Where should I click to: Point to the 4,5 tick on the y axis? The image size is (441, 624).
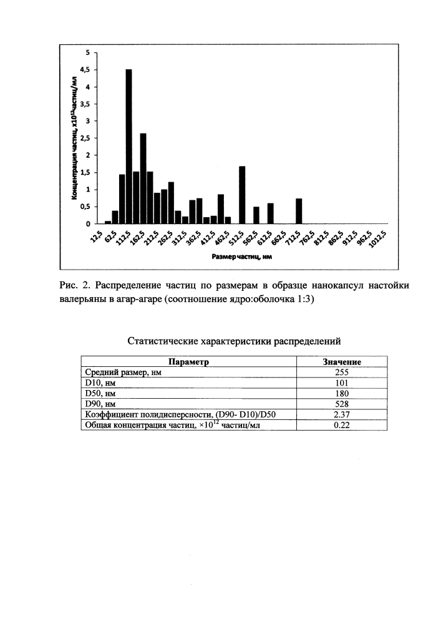coord(90,70)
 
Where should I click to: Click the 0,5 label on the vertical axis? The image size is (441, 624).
coord(90,207)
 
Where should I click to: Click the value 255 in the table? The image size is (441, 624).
coord(341,373)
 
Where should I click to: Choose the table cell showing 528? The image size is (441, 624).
coord(341,404)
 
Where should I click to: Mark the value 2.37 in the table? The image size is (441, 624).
coord(341,415)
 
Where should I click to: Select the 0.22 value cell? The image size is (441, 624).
coord(341,426)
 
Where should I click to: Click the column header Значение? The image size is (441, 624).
coord(341,362)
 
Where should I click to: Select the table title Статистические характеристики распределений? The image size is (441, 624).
coord(234,341)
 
